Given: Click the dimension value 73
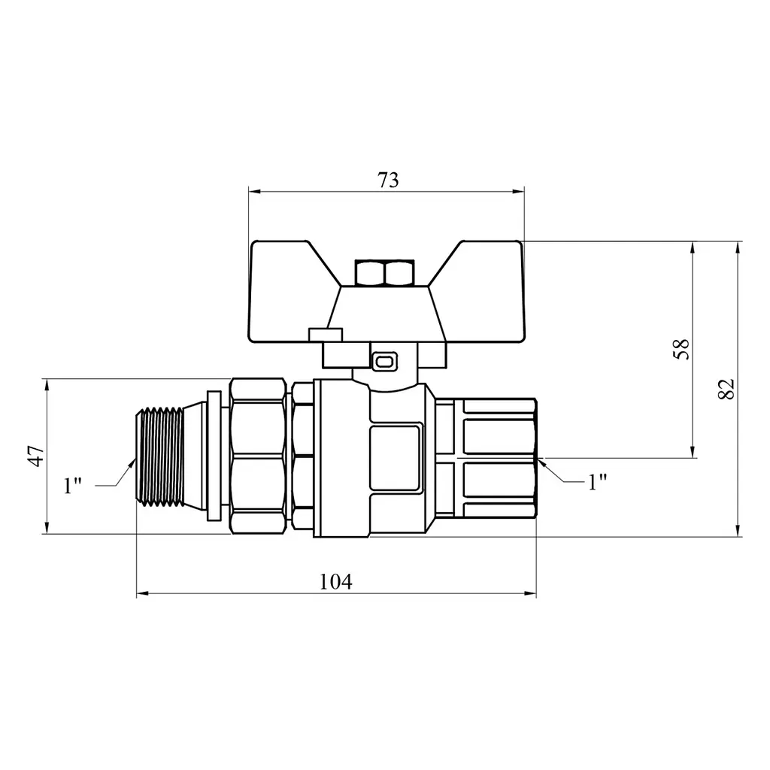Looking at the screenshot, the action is pyautogui.click(x=388, y=180).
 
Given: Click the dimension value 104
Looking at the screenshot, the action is pyautogui.click(x=336, y=582).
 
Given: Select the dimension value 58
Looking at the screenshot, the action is pyautogui.click(x=681, y=349).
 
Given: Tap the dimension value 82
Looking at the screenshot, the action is pyautogui.click(x=726, y=389).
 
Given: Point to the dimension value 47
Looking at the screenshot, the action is pyautogui.click(x=36, y=456).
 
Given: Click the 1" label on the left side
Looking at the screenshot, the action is pyautogui.click(x=72, y=485).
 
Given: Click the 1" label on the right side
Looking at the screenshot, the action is pyautogui.click(x=597, y=482).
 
